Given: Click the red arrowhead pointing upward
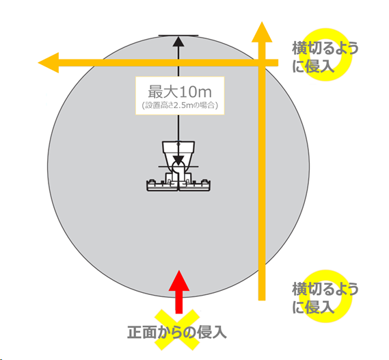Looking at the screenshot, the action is (x=179, y=281).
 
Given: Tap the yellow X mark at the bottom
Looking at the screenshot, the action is (x=177, y=329).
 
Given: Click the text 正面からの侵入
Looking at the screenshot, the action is (x=177, y=332).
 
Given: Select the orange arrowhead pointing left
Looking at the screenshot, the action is (x=49, y=62).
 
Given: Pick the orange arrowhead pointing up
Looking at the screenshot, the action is (x=262, y=31).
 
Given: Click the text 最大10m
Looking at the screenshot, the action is (x=180, y=92).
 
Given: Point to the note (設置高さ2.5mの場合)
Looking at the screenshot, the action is (x=180, y=105).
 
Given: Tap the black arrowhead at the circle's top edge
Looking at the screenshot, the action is (x=178, y=42).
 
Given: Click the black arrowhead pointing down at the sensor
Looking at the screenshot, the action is (x=178, y=160).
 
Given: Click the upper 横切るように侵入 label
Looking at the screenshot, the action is (x=325, y=57).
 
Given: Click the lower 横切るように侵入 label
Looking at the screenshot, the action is (x=325, y=298).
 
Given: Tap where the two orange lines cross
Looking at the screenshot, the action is (x=262, y=62).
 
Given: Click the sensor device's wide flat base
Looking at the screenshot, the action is (x=178, y=185).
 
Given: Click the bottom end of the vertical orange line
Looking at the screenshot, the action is (x=262, y=300).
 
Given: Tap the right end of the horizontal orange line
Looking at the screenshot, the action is (x=278, y=62).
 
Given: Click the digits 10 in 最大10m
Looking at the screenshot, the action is (x=186, y=92).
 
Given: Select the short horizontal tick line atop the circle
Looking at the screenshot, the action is (x=178, y=36).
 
